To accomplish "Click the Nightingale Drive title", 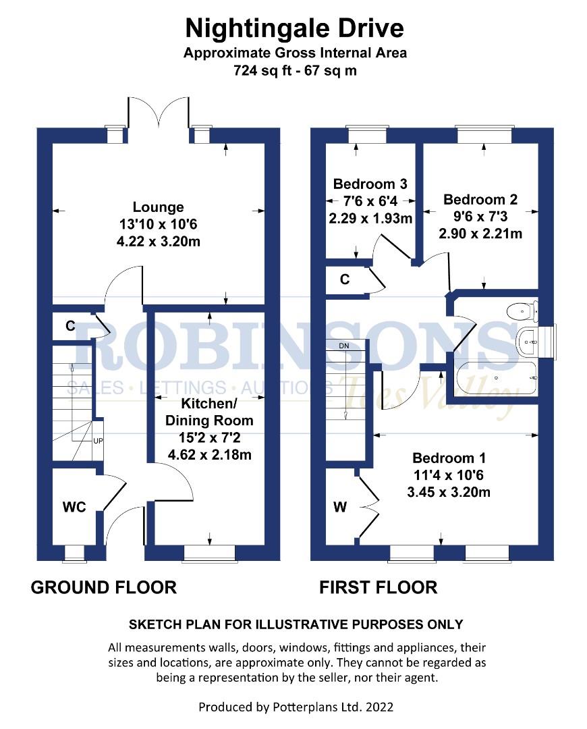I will [x=295, y=28].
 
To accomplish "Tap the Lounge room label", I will [x=158, y=207].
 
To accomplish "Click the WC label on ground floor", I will [x=74, y=507].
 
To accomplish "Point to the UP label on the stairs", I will [x=98, y=441].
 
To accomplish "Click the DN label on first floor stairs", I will [x=345, y=346].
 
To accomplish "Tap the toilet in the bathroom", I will [x=521, y=311].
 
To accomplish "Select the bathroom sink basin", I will [x=528, y=342].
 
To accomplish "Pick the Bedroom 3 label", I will [x=370, y=184].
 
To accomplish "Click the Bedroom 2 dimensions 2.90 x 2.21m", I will [x=480, y=234].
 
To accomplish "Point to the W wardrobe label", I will [x=340, y=507].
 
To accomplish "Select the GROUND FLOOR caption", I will [x=104, y=587].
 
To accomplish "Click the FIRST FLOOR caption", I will [x=378, y=587].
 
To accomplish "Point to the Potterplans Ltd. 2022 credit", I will [x=295, y=707].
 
